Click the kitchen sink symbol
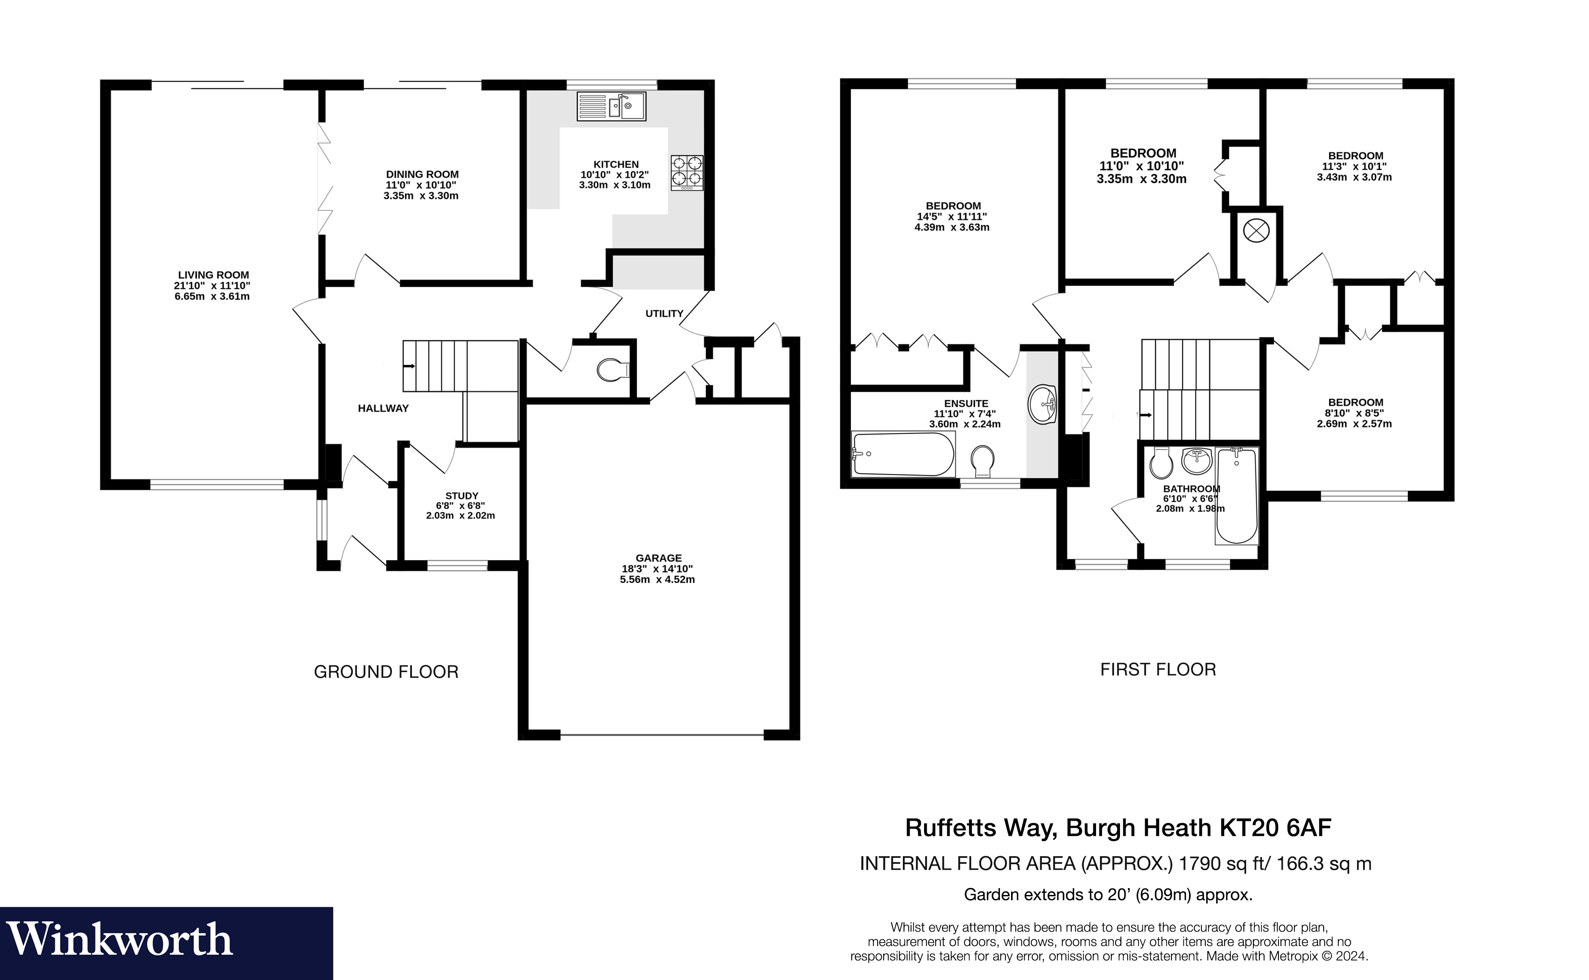point(611,106)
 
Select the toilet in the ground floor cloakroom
point(613,370)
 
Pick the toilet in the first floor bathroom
point(1160,462)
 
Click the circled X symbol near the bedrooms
point(1256,230)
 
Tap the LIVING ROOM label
point(214,275)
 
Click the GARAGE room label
point(659,558)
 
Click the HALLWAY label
point(384,408)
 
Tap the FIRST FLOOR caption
point(1158,670)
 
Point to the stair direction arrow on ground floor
point(410,366)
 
